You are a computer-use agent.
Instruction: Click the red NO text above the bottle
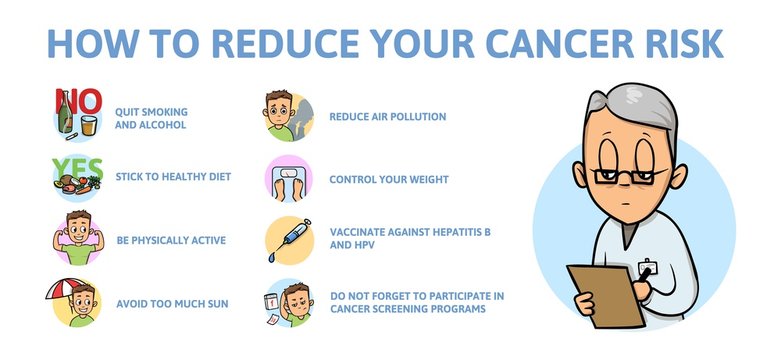(77, 100)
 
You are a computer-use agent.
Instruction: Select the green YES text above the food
(77, 165)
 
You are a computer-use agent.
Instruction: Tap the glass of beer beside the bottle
(89, 124)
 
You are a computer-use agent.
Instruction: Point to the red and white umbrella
(67, 291)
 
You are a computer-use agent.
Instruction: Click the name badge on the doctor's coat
(647, 269)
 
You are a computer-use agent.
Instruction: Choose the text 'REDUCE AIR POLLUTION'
(388, 117)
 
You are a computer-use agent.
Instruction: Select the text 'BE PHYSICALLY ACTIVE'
(171, 240)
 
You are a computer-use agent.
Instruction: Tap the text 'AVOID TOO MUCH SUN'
(172, 302)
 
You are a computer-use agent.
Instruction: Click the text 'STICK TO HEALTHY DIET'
(173, 177)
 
